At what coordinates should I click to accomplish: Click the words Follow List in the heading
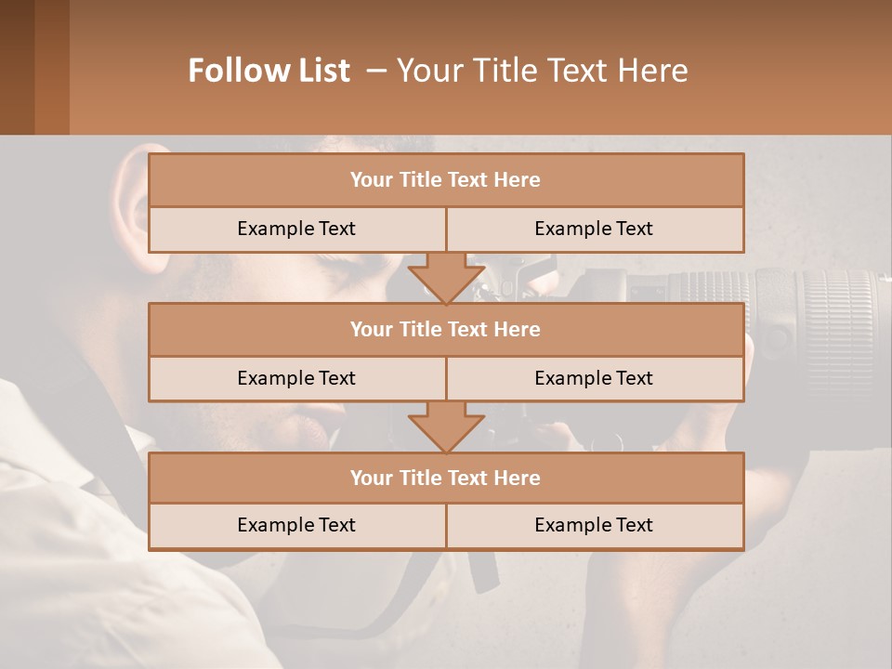269,71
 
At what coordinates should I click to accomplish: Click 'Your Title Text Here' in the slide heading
542,71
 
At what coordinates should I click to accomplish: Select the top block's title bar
446,180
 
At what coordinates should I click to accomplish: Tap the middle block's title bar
446,329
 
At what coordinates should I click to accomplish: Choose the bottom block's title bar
446,478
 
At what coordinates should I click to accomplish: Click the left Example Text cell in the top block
296,229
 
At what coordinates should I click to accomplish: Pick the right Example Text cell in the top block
594,229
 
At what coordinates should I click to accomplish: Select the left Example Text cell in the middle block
296,378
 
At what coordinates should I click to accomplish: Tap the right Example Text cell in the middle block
594,378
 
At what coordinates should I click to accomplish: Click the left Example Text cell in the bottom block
296,525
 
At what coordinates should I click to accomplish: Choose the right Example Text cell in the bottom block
594,525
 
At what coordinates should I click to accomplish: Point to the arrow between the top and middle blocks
446,277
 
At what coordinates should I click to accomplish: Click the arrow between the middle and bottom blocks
446,426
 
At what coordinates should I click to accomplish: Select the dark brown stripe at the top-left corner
17,67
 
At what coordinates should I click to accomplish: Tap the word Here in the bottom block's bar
518,478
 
